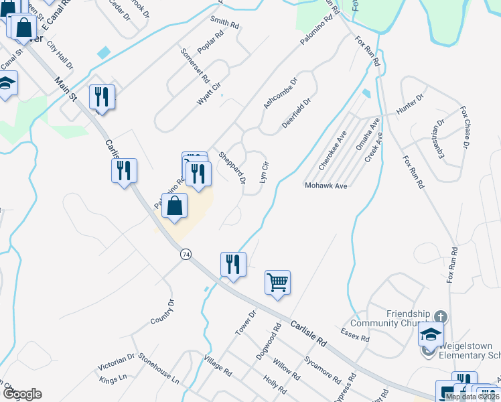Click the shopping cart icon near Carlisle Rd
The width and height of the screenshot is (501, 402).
[277, 282]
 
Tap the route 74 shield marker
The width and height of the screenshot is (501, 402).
[186, 254]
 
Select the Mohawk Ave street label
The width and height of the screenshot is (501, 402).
[326, 185]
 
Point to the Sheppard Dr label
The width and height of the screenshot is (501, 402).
[232, 167]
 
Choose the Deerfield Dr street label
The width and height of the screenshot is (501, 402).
[296, 113]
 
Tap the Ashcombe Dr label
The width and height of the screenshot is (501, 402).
[280, 93]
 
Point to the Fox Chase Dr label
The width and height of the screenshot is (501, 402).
[463, 127]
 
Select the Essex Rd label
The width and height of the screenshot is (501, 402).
[355, 335]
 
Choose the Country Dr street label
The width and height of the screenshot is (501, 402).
[162, 312]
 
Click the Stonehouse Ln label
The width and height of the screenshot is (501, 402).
[159, 369]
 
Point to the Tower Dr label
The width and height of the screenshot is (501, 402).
[246, 323]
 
